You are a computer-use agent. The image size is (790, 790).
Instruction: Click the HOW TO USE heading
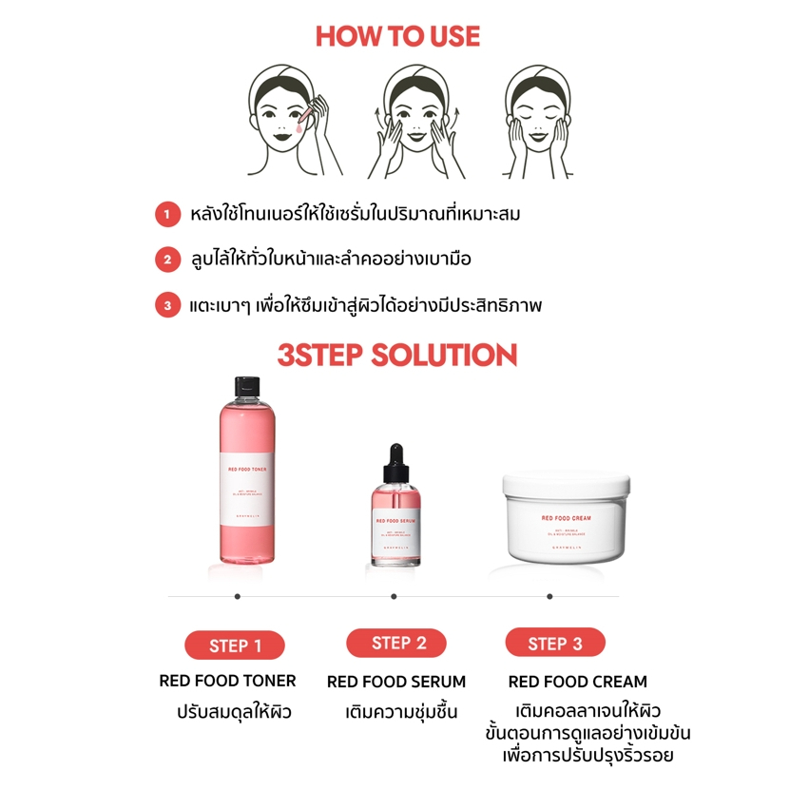[x=397, y=37]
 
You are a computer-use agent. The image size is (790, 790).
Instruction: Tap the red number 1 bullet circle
[x=167, y=215]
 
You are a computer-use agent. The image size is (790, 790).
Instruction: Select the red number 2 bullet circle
[x=167, y=260]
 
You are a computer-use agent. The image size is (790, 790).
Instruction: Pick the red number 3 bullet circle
[x=167, y=305]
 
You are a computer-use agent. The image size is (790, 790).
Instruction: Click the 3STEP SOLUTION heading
[x=396, y=356]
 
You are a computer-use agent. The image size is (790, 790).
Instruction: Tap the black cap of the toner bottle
[x=246, y=385]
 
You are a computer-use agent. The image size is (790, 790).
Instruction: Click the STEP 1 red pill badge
[x=235, y=645]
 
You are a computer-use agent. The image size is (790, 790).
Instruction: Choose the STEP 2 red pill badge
[x=396, y=643]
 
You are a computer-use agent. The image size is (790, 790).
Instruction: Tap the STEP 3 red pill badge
[x=554, y=643]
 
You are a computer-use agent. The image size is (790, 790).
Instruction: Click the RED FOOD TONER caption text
[x=227, y=681]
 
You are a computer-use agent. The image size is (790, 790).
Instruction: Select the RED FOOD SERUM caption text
[x=396, y=682]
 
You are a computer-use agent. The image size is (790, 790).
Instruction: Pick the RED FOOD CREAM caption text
[x=577, y=682]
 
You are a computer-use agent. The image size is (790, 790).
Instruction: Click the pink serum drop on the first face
[x=300, y=124]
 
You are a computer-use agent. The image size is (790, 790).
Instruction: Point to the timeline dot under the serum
[x=394, y=597]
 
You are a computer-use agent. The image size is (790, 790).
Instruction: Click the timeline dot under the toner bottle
[x=237, y=597]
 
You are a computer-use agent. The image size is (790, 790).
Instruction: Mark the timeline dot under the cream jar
[x=549, y=597]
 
